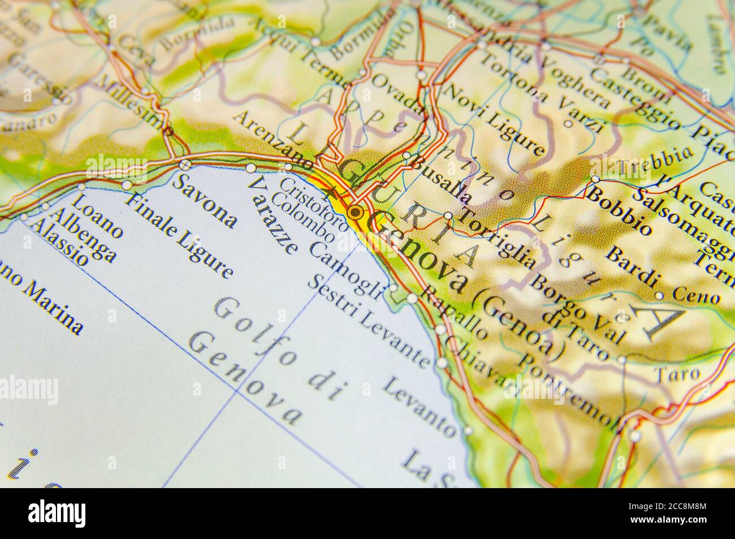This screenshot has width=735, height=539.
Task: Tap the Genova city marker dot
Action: (x=356, y=213)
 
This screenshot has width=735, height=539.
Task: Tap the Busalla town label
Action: (x=442, y=180)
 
